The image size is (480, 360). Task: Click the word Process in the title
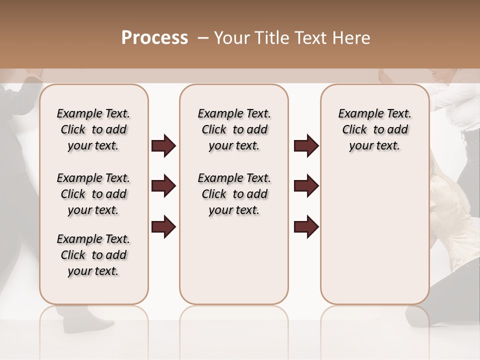tap(154, 38)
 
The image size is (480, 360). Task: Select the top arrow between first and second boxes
tap(163, 146)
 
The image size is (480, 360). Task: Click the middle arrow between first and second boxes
tap(163, 186)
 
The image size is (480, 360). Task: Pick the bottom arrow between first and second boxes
tap(163, 226)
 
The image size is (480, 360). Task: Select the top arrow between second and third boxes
tap(306, 146)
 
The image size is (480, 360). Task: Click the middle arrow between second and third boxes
tap(306, 186)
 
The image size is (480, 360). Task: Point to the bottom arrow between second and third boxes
tap(306, 226)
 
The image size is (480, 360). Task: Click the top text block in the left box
tap(93, 129)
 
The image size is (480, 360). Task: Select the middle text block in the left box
tap(93, 194)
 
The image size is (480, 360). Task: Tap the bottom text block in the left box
tap(93, 255)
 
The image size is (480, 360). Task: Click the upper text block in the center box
tap(234, 129)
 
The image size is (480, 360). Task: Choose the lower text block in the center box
tap(234, 194)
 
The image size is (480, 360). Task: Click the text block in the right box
tap(374, 129)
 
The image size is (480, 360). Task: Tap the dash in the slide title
tap(203, 38)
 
